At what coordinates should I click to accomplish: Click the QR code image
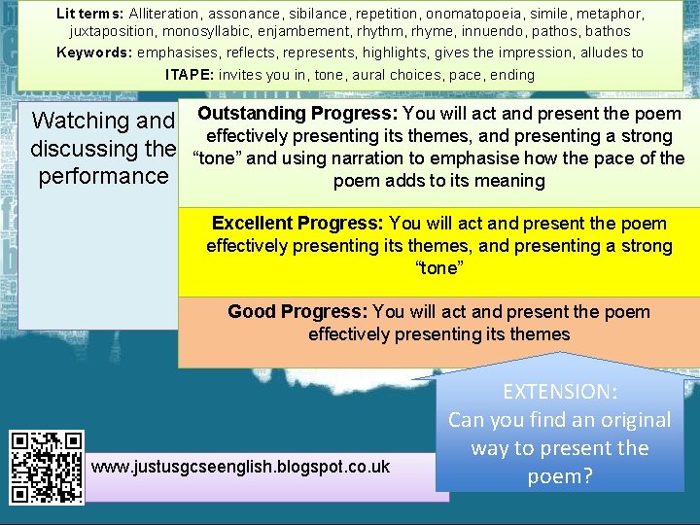click(x=47, y=466)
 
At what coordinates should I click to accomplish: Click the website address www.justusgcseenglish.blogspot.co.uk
click(x=240, y=467)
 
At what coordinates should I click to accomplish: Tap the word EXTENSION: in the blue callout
click(x=559, y=392)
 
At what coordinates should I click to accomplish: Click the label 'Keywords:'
click(x=93, y=52)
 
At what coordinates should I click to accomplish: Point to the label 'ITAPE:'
click(x=191, y=75)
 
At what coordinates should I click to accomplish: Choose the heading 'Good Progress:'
click(x=297, y=312)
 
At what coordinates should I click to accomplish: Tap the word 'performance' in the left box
click(x=102, y=176)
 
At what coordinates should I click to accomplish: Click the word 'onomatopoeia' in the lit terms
click(x=466, y=14)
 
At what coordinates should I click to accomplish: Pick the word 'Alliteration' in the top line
click(x=165, y=14)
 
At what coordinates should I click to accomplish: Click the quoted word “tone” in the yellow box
click(x=438, y=267)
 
